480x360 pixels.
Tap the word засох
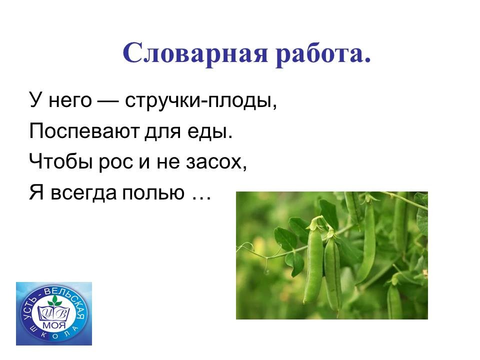tap(214, 161)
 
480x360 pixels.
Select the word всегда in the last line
tap(83, 193)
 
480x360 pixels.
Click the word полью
tap(153, 193)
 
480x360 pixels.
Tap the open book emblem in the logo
tap(54, 312)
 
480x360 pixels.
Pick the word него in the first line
tap(70, 100)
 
